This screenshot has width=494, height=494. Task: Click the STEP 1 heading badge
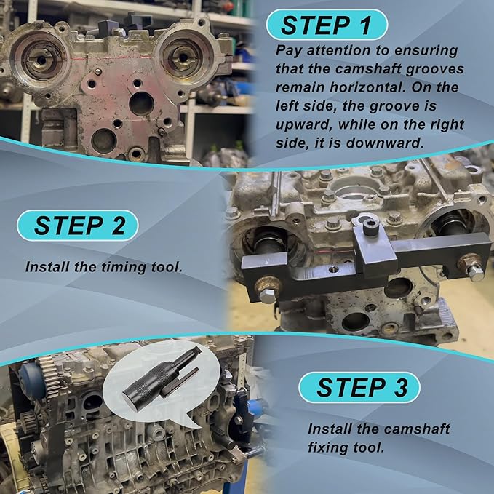327,25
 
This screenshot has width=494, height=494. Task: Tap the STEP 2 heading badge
78,226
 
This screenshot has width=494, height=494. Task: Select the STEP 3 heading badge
359,387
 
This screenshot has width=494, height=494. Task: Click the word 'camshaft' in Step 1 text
368,69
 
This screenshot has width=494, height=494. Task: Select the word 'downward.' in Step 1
384,143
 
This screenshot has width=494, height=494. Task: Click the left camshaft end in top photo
40,59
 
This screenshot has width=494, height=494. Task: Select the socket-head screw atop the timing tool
370,226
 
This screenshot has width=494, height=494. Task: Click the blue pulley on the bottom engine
29,381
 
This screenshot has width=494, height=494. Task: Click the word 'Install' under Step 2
47,267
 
